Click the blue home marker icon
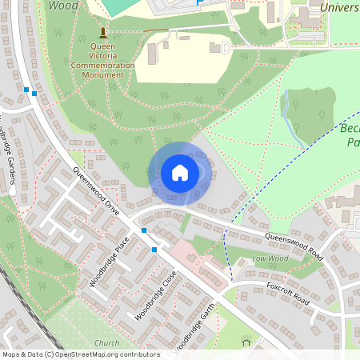pyautogui.click(x=180, y=172)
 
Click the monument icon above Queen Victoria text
pyautogui.click(x=102, y=33)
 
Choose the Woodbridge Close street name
pyautogui.click(x=157, y=294)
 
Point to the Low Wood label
pyautogui.click(x=270, y=259)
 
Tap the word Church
pyautogui.click(x=106, y=343)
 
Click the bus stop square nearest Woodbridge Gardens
pyautogui.click(x=26, y=90)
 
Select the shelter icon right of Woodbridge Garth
pyautogui.click(x=246, y=343)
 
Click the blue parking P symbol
pyautogui.click(x=199, y=2)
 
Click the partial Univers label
pyautogui.click(x=338, y=7)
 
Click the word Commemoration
pyautogui.click(x=102, y=65)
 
